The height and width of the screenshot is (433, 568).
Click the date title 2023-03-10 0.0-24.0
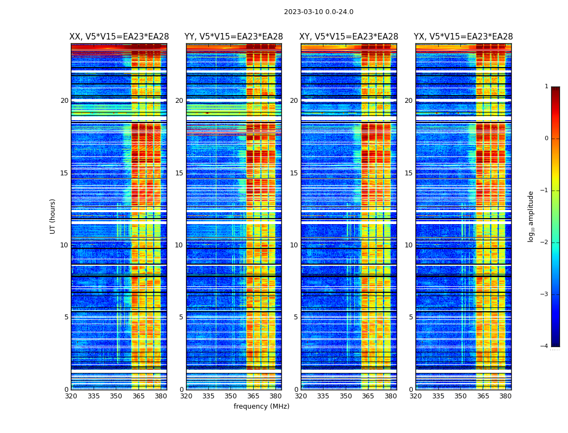(x=319, y=12)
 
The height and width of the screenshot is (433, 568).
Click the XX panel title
(x=119, y=37)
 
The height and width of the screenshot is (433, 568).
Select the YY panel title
(x=234, y=37)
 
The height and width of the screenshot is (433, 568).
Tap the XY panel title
(x=349, y=37)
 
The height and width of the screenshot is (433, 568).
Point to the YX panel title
(x=463, y=37)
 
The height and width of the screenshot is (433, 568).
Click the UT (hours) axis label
(x=53, y=216)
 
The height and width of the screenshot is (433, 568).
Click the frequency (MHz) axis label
(x=261, y=406)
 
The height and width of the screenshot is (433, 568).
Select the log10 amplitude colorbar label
(x=531, y=216)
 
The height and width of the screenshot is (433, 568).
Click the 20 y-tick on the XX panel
(x=64, y=101)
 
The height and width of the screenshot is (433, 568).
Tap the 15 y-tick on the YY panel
(x=179, y=173)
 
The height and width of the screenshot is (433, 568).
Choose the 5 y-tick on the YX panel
(x=411, y=317)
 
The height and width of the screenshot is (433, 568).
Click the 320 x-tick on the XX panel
(x=71, y=396)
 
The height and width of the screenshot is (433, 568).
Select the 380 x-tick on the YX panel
(x=505, y=396)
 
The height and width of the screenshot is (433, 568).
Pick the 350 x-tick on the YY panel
(x=231, y=396)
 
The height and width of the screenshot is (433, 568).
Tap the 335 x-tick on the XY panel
(x=323, y=396)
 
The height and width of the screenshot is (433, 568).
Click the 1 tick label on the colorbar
(x=546, y=87)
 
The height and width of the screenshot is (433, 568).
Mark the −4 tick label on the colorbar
(x=544, y=346)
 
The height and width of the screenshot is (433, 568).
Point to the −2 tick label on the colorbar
(x=544, y=242)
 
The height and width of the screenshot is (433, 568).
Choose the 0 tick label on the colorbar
(x=546, y=139)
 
